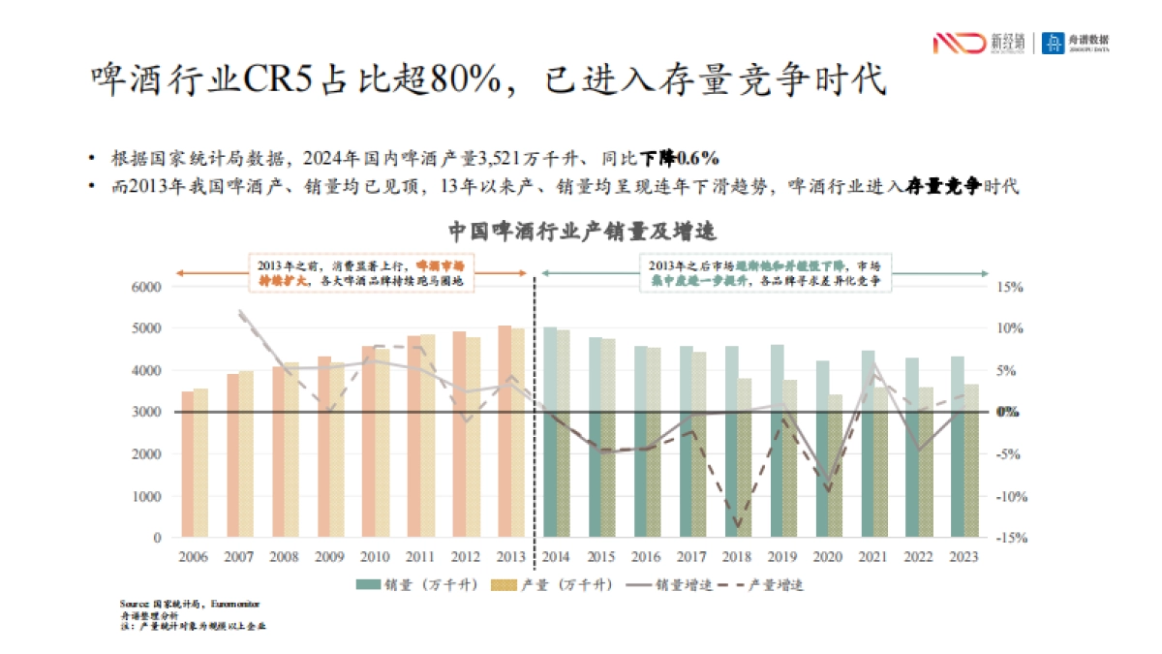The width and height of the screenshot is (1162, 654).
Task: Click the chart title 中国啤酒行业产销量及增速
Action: pos(581,233)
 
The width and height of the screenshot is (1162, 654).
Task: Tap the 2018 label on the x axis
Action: pos(738,557)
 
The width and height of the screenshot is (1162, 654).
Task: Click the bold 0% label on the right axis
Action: pos(1009,412)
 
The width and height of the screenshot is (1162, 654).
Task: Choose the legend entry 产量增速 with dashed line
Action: pos(765,584)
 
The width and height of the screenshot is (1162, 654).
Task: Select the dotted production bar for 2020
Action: pos(836,466)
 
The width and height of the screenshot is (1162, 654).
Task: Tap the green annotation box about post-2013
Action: pos(765,273)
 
